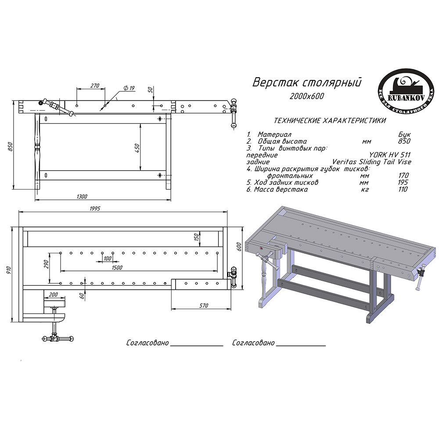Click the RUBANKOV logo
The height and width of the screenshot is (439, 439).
[x=399, y=91]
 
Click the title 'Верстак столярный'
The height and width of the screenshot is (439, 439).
[x=306, y=83]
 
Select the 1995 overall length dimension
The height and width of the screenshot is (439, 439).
[x=95, y=209]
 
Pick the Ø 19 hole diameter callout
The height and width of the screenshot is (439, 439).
[x=129, y=88]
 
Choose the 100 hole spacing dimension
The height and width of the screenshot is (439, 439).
[x=107, y=258]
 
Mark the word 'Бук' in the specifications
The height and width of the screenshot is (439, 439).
[x=404, y=134]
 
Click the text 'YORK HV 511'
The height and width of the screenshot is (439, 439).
[x=389, y=155]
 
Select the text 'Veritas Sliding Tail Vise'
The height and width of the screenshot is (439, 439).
[x=372, y=162]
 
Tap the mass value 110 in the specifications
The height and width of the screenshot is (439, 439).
[x=402, y=189]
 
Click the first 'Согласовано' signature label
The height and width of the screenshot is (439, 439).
[x=148, y=342]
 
